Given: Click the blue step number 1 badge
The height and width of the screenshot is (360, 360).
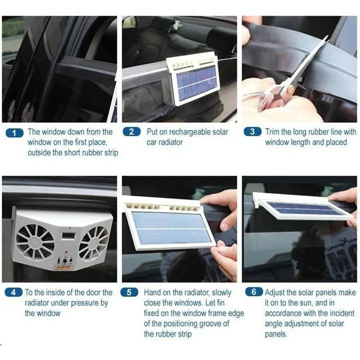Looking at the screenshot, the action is [x=14, y=133].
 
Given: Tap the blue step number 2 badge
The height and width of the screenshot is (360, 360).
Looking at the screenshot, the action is [x=132, y=132].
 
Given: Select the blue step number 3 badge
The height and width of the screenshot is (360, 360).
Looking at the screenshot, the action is [x=252, y=131].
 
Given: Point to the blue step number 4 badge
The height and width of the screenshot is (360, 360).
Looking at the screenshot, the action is [x=14, y=292].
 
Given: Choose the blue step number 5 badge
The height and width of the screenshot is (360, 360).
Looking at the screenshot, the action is [x=129, y=292].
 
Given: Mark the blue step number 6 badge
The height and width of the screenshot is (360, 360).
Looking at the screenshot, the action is [x=254, y=291].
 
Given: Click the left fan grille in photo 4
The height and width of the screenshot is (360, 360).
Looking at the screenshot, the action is [x=35, y=241].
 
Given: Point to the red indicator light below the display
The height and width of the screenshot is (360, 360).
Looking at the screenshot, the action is [x=66, y=252].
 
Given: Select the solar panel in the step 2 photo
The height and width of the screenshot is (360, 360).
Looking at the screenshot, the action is [x=197, y=83].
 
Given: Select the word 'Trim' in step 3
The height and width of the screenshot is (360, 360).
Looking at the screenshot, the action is [x=272, y=132].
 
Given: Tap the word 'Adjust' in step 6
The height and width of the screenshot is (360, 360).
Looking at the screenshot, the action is [x=274, y=292].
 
